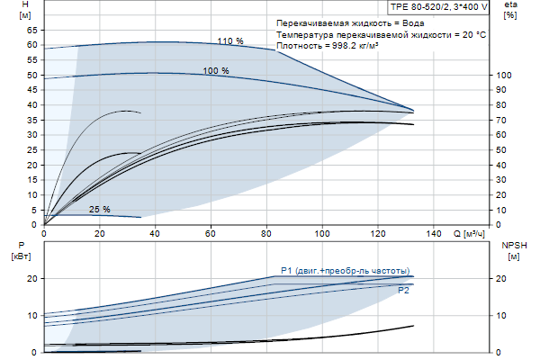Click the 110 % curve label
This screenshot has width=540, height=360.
point(230,40)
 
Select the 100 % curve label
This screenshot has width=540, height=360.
point(215,70)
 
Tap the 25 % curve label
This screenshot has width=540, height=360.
point(99,210)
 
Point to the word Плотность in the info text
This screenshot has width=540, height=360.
point(301,45)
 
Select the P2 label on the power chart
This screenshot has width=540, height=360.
point(404,291)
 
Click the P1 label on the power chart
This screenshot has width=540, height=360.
point(287,270)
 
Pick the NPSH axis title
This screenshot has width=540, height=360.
point(513,245)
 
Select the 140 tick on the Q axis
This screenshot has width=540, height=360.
point(433,233)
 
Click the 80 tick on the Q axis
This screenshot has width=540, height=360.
point(266,233)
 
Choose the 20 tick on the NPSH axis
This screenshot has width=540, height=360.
point(502,279)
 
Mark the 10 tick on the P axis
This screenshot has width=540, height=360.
point(31,315)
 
